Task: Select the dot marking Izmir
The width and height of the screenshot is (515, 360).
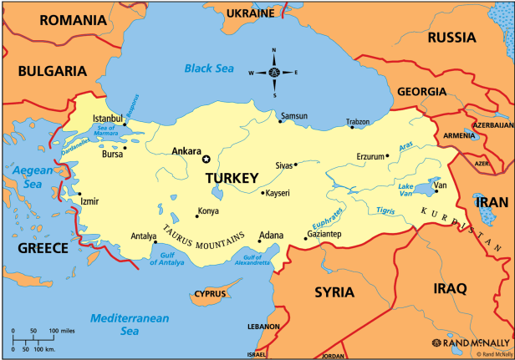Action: [79, 193]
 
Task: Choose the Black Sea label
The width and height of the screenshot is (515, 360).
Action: [210, 68]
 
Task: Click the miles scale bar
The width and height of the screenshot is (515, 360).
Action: [36, 338]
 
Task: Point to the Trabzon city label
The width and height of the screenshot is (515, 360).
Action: [358, 122]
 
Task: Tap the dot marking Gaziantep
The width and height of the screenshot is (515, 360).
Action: [305, 240]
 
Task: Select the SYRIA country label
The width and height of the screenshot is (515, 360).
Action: [334, 292]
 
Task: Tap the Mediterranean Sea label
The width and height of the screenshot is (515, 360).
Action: [129, 324]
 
